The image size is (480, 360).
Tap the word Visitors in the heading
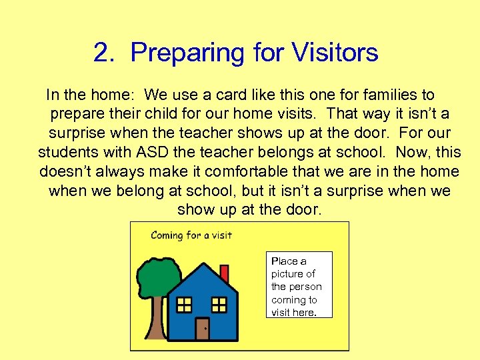(x=331, y=53)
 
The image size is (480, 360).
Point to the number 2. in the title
(x=106, y=53)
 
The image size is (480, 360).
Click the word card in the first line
(x=201, y=95)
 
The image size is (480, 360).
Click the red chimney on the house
(x=224, y=274)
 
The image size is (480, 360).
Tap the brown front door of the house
(x=202, y=328)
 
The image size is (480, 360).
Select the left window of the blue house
(x=184, y=305)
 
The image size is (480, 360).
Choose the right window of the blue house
(x=219, y=305)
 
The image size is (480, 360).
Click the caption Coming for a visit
(x=191, y=235)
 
